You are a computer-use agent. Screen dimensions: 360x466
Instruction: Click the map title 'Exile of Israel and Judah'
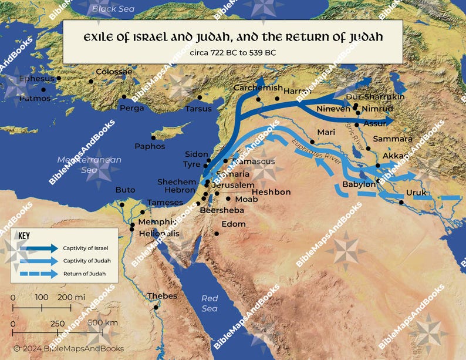pyautogui.click(x=232, y=38)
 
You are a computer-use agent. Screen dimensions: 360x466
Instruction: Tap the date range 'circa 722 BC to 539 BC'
pyautogui.click(x=232, y=53)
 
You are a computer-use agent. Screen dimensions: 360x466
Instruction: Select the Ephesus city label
pyautogui.click(x=36, y=78)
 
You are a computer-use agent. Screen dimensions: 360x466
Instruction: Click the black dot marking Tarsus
pyautogui.click(x=200, y=97)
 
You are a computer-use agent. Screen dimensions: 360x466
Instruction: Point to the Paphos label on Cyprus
pyautogui.click(x=150, y=146)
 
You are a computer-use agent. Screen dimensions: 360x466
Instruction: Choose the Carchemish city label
pyautogui.click(x=258, y=88)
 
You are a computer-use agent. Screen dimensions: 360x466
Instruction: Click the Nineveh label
pyautogui.click(x=333, y=109)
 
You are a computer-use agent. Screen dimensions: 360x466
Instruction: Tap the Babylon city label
pyautogui.click(x=359, y=184)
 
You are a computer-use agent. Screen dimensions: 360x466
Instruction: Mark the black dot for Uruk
pyautogui.click(x=401, y=203)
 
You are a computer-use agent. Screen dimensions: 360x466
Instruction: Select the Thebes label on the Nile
pyautogui.click(x=161, y=296)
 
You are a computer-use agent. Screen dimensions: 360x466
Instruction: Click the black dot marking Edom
pyautogui.click(x=217, y=234)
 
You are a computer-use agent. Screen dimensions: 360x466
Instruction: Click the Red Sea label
pyautogui.click(x=210, y=304)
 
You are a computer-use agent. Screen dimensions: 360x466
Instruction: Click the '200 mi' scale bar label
pyautogui.click(x=72, y=298)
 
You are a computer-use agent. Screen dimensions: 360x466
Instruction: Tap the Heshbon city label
pyautogui.click(x=271, y=192)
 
